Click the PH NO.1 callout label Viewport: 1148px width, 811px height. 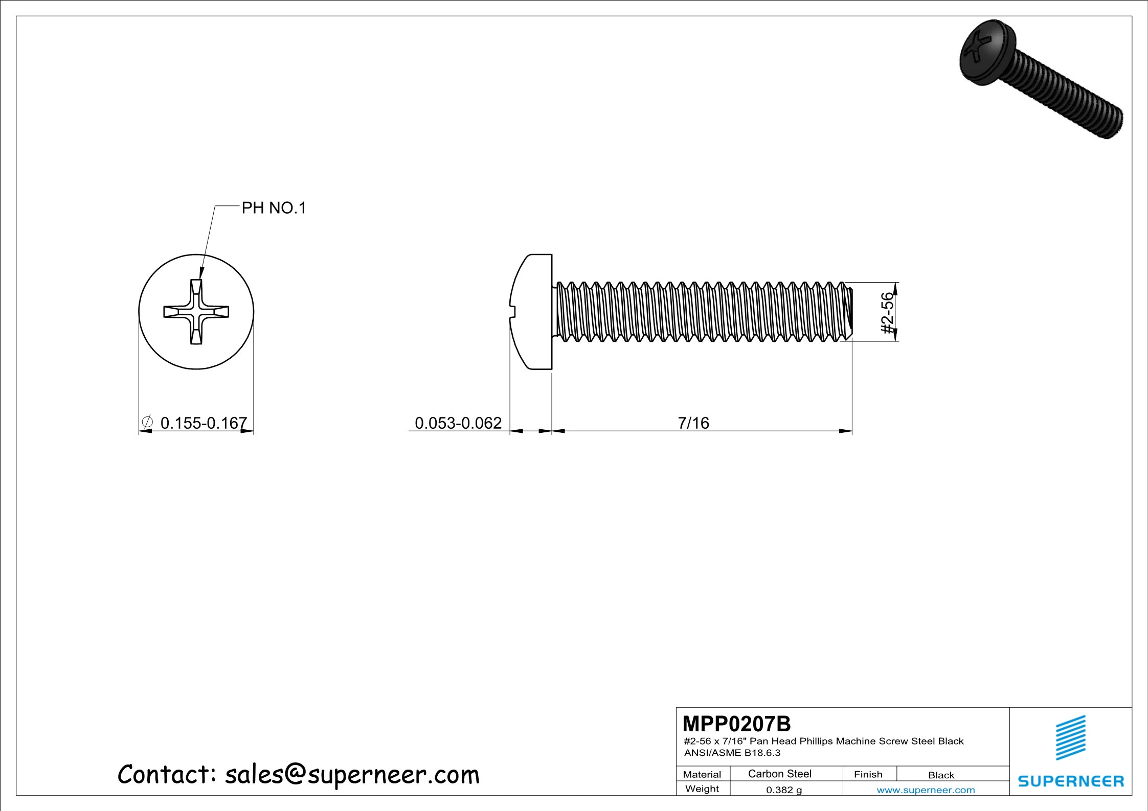274,208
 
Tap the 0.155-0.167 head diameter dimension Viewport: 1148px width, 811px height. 203,423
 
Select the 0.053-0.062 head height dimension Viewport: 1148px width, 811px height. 458,423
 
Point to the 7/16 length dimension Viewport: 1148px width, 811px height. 693,423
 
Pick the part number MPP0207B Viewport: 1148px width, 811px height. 736,724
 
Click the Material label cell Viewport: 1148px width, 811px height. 702,774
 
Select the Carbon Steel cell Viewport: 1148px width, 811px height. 779,774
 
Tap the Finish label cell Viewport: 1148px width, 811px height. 868,774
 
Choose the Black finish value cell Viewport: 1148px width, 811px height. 941,775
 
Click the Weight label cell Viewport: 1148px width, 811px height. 702,789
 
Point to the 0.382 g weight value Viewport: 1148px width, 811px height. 784,790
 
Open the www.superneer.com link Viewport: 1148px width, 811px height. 926,790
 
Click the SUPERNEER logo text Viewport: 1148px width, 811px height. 1071,781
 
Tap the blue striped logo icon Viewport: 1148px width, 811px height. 1071,737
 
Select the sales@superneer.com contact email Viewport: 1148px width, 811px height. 352,775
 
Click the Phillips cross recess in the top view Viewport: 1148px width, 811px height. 196,312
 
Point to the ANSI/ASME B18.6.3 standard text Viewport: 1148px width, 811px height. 732,753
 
